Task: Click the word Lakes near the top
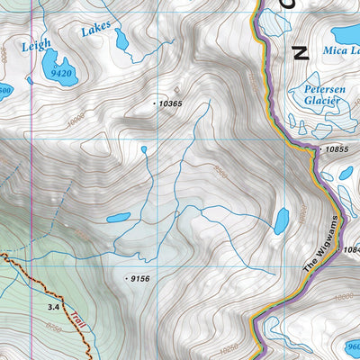pos(94,31)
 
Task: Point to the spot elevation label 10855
pos(337,148)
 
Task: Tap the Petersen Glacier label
pos(319,95)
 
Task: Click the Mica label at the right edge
pos(343,51)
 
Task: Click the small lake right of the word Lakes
pos(121,40)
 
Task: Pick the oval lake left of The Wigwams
pos(282,220)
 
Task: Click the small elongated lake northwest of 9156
pos(118,218)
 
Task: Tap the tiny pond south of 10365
pos(143,149)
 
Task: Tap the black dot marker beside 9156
pos(126,280)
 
